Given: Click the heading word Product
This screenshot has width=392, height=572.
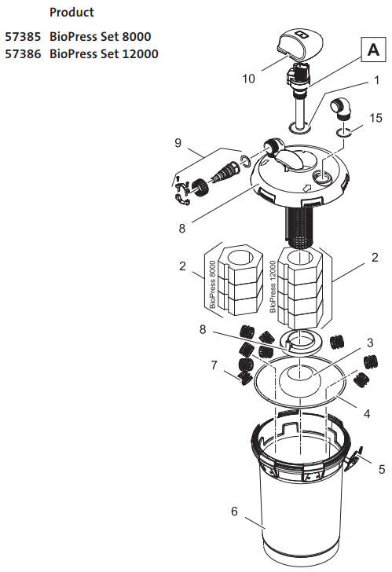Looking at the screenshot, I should click(x=71, y=13).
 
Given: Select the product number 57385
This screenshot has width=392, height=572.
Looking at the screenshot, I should click(x=23, y=37).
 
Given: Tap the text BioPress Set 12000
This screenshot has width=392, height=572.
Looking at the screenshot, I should click(x=103, y=53).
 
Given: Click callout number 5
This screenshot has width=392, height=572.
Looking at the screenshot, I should click(x=381, y=469).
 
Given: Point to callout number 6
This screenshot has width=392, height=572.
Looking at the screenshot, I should click(x=234, y=511).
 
